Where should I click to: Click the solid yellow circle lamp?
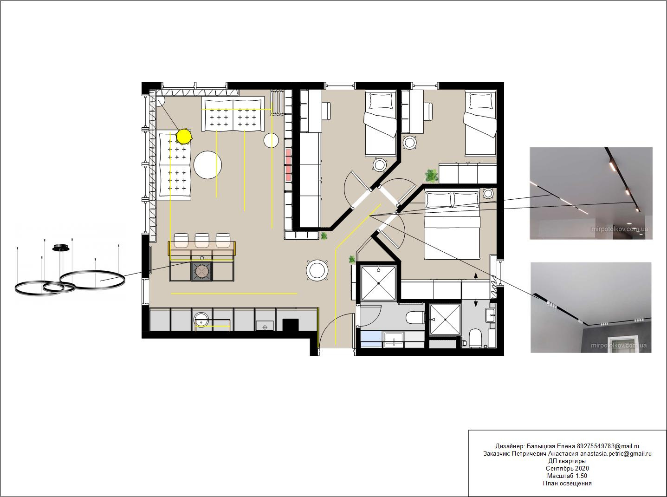(x=184, y=137)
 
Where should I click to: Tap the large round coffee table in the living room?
(x=207, y=165)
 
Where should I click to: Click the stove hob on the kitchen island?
(x=202, y=271)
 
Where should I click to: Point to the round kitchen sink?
(x=201, y=320)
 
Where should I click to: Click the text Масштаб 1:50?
(x=567, y=476)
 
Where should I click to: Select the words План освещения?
(x=567, y=484)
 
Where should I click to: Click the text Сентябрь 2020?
(x=567, y=468)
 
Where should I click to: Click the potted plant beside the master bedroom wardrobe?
(x=432, y=176)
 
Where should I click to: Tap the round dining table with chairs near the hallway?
(x=317, y=270)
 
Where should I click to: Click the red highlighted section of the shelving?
(x=289, y=165)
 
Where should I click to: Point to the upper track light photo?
(x=591, y=193)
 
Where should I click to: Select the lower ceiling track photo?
(x=591, y=307)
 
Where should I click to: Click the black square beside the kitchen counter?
(x=291, y=325)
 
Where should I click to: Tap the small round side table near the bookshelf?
(x=271, y=140)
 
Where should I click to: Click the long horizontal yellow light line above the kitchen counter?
(x=234, y=293)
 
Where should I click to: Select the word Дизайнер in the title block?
(x=509, y=446)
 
